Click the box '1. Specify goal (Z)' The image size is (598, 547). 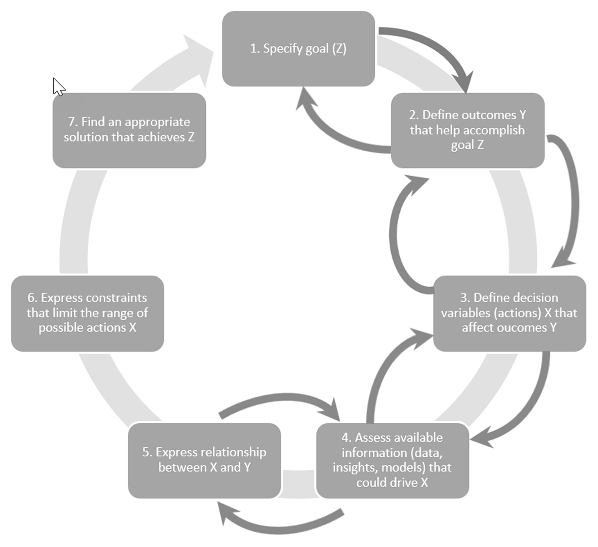298,49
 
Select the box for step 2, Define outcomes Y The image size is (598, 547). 467,130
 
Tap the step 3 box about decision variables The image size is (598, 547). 509,313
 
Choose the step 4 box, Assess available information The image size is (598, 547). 392,460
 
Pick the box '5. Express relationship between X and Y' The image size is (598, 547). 204,460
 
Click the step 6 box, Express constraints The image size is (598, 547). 87,313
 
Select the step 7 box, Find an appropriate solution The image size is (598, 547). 129,130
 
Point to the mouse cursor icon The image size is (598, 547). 58,86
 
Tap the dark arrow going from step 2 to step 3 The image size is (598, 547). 571,199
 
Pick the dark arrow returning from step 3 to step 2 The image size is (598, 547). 396,234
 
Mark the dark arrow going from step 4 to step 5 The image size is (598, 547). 279,524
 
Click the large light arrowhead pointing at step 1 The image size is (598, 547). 197,57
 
